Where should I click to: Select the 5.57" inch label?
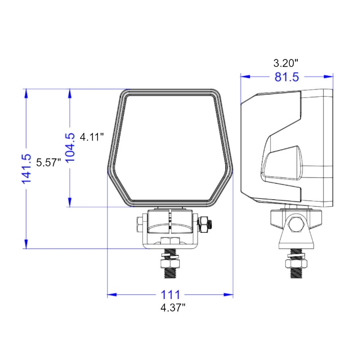[48, 162]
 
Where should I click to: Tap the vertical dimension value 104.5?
[70, 148]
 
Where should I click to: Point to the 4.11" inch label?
[92, 137]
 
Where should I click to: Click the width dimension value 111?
[170, 294]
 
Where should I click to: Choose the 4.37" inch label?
[173, 308]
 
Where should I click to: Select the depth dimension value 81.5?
[286, 77]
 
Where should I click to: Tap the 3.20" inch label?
[286, 62]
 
